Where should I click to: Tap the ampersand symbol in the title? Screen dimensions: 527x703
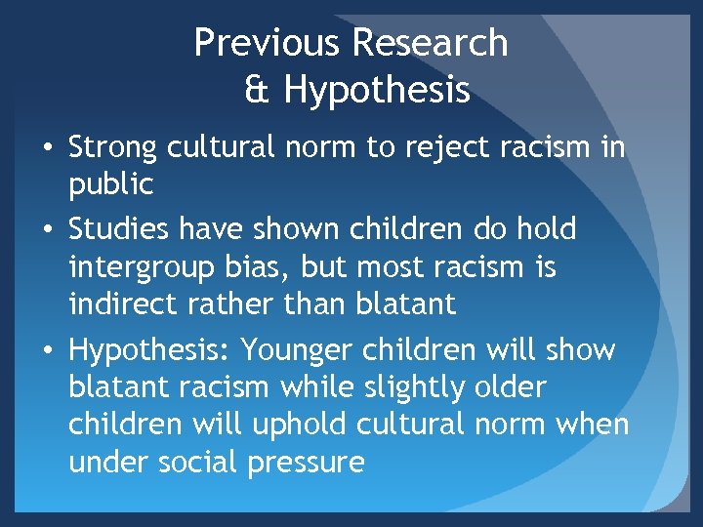(x=258, y=90)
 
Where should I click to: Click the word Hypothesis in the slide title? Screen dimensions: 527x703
(x=377, y=92)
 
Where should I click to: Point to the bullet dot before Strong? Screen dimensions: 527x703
(x=48, y=149)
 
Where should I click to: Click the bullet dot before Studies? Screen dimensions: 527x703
(x=48, y=231)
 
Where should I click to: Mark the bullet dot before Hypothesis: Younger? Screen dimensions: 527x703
(x=48, y=350)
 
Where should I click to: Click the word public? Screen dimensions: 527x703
(x=111, y=185)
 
